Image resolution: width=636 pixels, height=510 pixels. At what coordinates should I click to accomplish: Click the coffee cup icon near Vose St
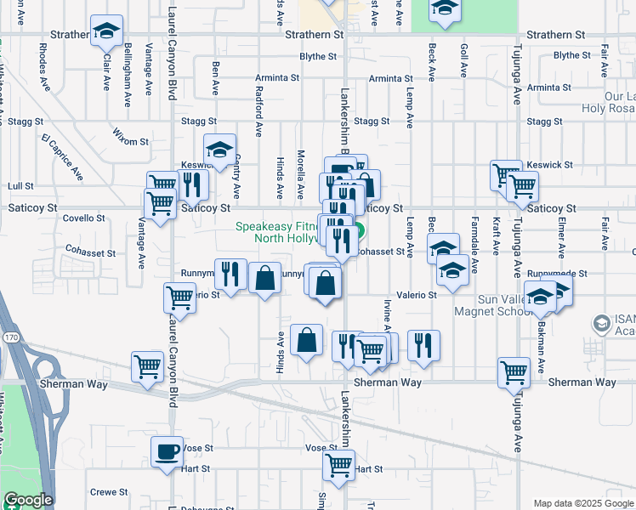167,450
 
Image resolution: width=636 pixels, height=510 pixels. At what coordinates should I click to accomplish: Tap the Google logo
28,501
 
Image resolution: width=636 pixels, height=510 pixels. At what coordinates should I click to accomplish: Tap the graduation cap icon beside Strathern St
106,31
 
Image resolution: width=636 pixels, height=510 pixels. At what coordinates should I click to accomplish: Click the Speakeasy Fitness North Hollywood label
292,232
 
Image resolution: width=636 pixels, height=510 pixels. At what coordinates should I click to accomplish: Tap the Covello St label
84,218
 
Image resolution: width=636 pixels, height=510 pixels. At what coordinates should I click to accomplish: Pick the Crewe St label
108,492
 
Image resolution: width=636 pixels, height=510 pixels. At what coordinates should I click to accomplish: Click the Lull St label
20,185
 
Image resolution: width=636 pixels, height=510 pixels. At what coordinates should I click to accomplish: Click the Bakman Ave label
541,354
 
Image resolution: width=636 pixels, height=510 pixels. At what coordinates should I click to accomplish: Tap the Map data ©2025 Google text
583,503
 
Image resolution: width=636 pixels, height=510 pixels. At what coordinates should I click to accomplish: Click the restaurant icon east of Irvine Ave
423,345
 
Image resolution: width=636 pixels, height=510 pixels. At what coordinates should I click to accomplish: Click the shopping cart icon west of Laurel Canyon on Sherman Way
147,367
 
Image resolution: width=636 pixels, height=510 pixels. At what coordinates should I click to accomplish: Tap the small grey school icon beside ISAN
602,324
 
